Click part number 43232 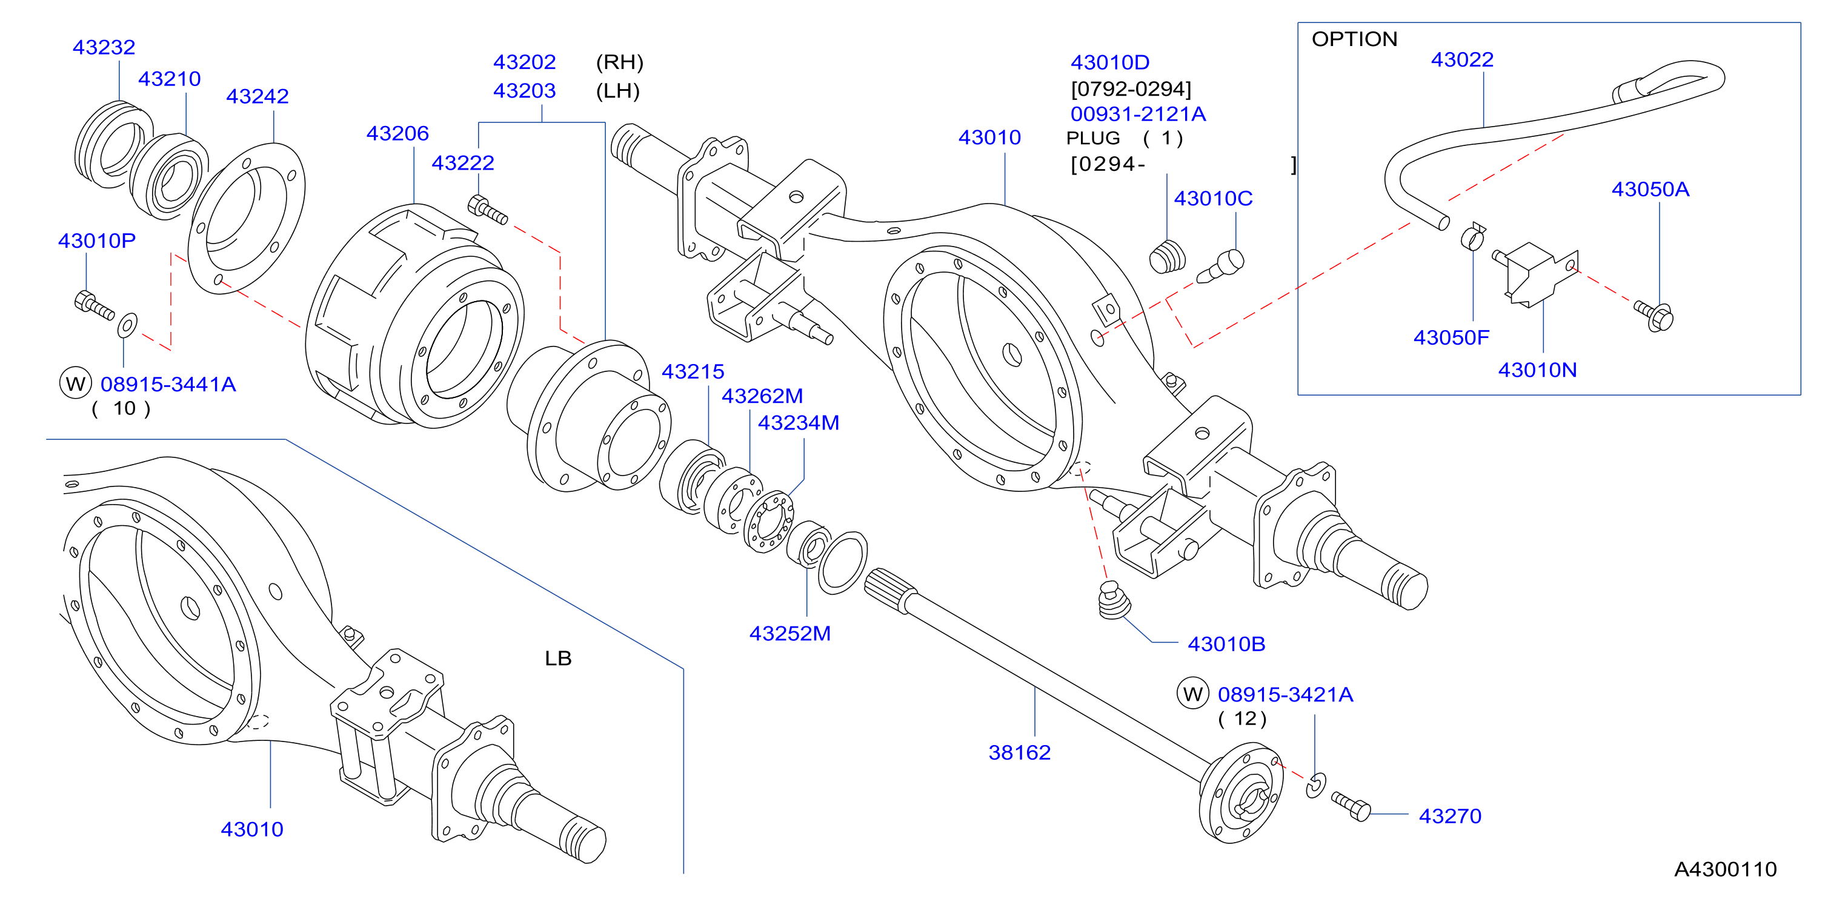[x=104, y=47]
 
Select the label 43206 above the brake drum [x=397, y=133]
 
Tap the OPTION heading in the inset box [x=1354, y=39]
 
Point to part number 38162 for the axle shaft [x=1019, y=752]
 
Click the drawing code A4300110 [x=1726, y=869]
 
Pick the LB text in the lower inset [x=558, y=658]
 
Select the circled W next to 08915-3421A [x=1192, y=694]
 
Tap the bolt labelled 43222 [x=487, y=210]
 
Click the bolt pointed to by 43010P [x=94, y=304]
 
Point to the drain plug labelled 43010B [x=1114, y=600]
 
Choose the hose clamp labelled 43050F [x=1473, y=236]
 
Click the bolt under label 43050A [x=1654, y=316]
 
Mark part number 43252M [x=790, y=633]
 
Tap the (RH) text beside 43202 [x=620, y=62]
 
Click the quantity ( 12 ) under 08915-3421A [x=1243, y=718]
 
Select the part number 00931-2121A [x=1138, y=114]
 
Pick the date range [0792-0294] [x=1131, y=89]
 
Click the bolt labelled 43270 [x=1351, y=806]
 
